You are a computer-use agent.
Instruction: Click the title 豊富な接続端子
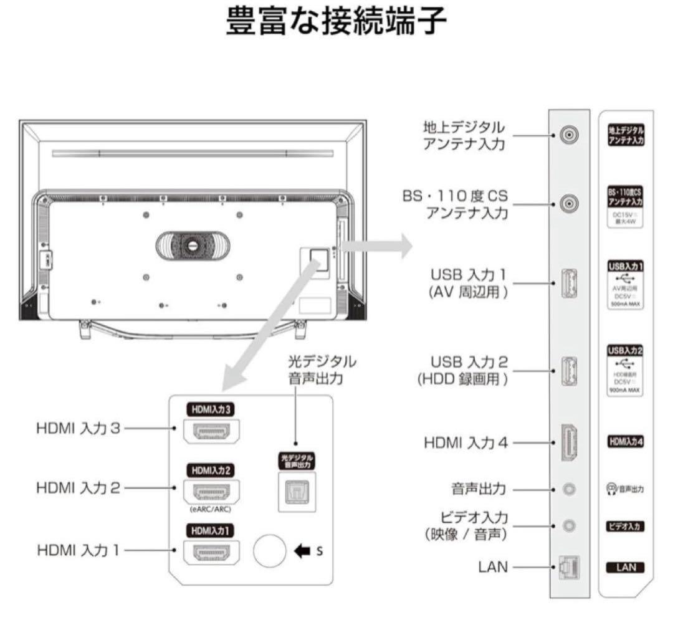pyautogui.click(x=336, y=23)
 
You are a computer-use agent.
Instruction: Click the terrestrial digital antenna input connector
pyautogui.click(x=568, y=135)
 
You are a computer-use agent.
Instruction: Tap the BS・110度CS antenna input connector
pyautogui.click(x=568, y=204)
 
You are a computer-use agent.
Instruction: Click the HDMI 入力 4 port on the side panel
pyautogui.click(x=568, y=443)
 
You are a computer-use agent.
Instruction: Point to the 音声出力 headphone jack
pyautogui.click(x=568, y=489)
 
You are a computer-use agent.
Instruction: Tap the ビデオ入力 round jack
pyautogui.click(x=568, y=526)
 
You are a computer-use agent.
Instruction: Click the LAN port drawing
pyautogui.click(x=568, y=567)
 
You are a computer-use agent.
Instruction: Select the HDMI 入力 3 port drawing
pyautogui.click(x=211, y=431)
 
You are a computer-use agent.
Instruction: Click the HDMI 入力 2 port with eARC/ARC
pyautogui.click(x=211, y=492)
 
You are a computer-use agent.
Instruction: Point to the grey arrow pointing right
pyautogui.click(x=376, y=246)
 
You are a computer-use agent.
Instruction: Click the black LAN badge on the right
pyautogui.click(x=625, y=568)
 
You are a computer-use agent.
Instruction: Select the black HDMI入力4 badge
pyautogui.click(x=625, y=442)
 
